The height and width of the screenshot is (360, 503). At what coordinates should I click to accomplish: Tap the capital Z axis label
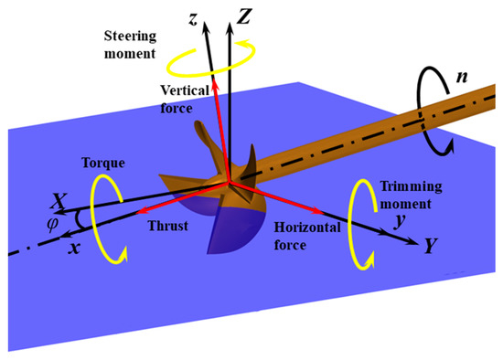(244, 16)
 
